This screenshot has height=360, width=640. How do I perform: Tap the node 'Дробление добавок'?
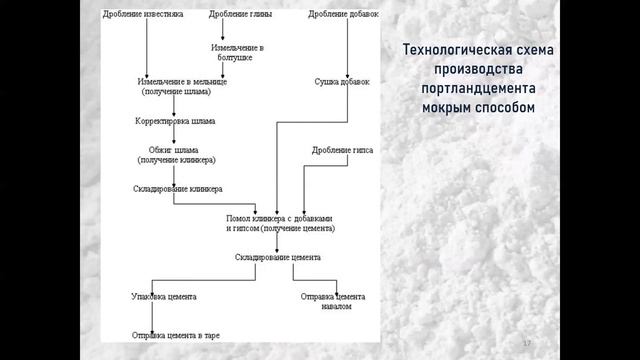pyautogui.click(x=340, y=14)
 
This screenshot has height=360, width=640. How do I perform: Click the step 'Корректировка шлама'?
pyautogui.click(x=175, y=121)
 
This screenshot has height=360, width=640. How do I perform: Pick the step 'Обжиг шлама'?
pyautogui.click(x=177, y=155)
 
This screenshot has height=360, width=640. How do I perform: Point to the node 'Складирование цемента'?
pyautogui.click(x=277, y=256)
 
